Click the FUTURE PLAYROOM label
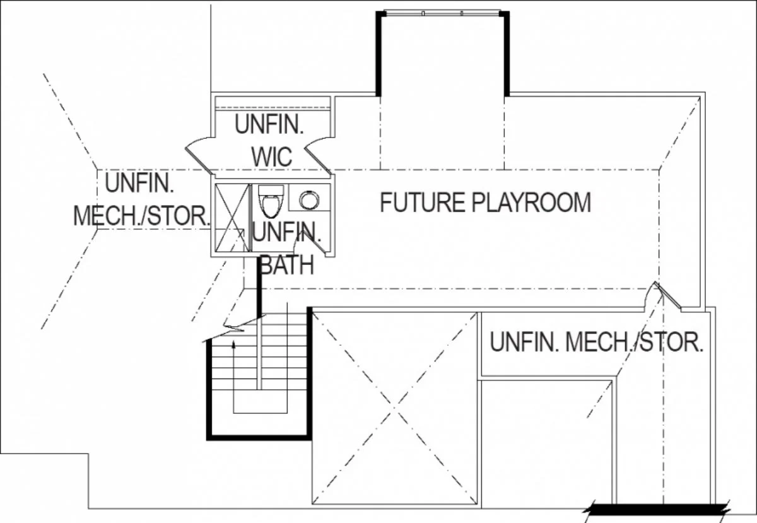(x=486, y=202)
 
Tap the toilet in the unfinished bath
(x=271, y=201)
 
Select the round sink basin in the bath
(x=309, y=200)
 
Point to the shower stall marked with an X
(x=233, y=218)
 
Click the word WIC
(x=272, y=157)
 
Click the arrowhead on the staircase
(x=233, y=344)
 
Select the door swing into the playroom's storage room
(x=662, y=296)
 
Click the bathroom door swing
(x=309, y=242)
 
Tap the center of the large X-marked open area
(x=394, y=408)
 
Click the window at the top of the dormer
(x=442, y=13)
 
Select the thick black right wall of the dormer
(x=507, y=54)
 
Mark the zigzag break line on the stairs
(x=233, y=327)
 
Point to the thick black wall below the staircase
(x=259, y=438)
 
